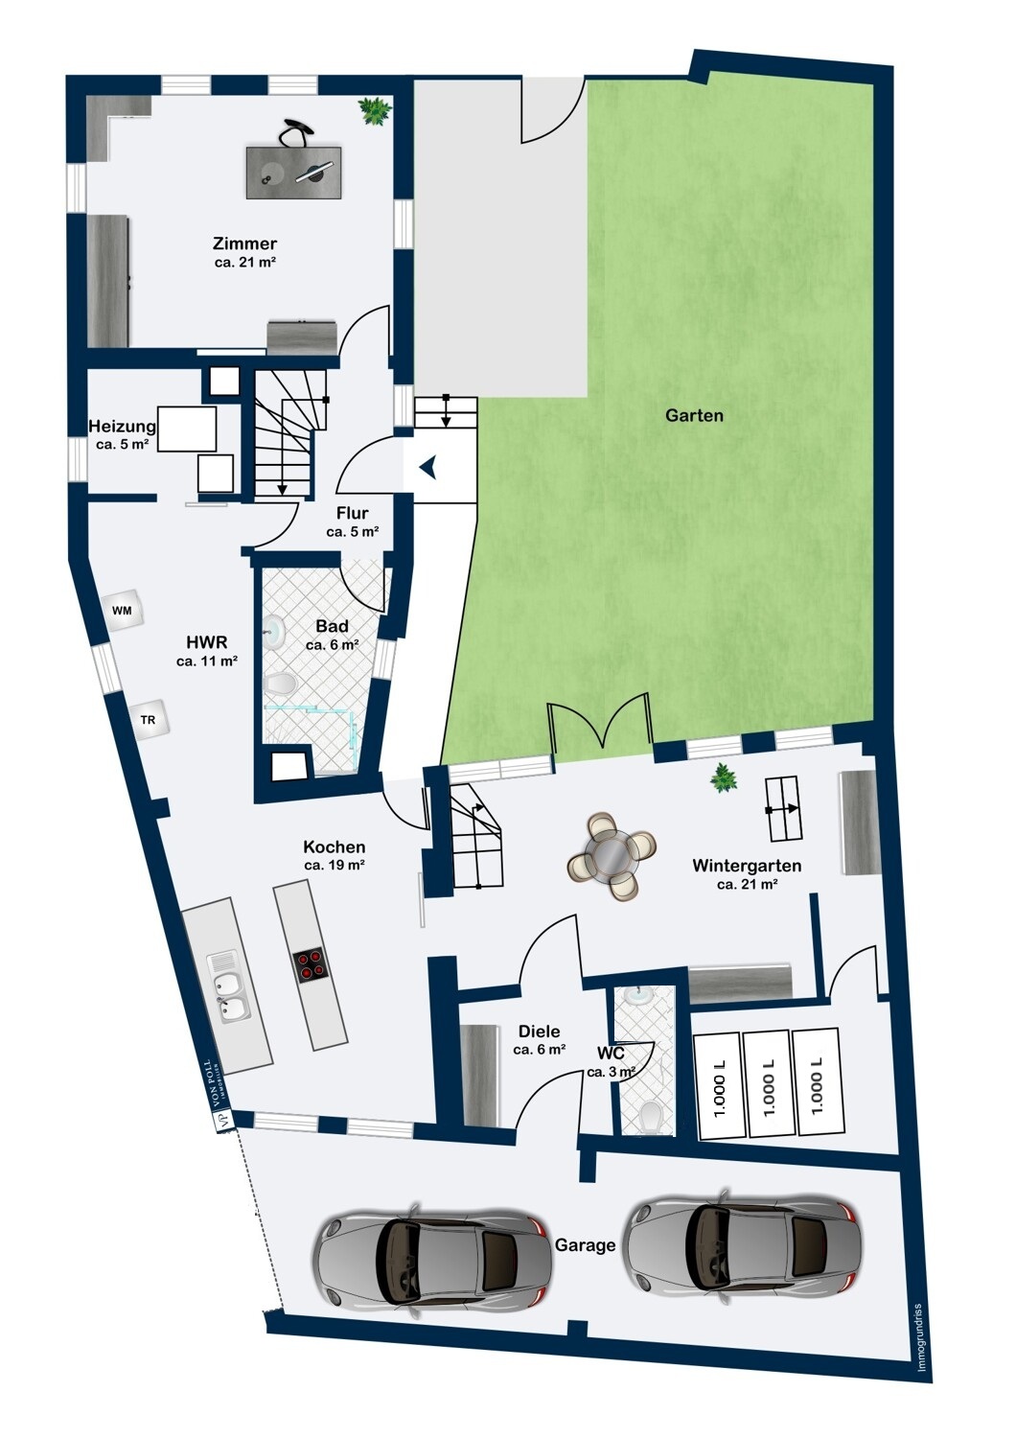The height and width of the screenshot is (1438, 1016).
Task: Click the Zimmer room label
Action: (x=244, y=244)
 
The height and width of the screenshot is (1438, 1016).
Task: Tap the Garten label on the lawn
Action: (x=694, y=415)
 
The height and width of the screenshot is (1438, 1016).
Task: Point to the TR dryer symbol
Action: (x=149, y=720)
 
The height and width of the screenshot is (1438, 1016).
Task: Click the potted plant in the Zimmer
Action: (x=374, y=111)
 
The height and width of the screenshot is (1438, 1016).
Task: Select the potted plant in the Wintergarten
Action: (x=723, y=777)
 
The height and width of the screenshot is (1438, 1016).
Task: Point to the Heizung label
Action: (x=122, y=427)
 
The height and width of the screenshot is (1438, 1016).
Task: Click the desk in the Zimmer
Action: (x=293, y=172)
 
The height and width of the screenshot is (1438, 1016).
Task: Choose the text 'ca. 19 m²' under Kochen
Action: (x=335, y=865)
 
